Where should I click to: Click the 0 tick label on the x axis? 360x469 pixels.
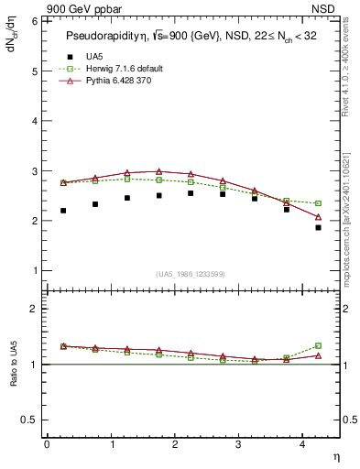pos(47,444)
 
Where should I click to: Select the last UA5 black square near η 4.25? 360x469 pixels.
pos(318,227)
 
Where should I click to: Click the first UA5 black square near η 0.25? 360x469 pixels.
pos(62,211)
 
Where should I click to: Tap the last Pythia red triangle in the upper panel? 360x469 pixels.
pos(318,217)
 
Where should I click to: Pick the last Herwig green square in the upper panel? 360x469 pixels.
pos(318,203)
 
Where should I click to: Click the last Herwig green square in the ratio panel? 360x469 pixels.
pos(318,345)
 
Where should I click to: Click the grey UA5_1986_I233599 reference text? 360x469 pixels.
pos(191,275)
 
